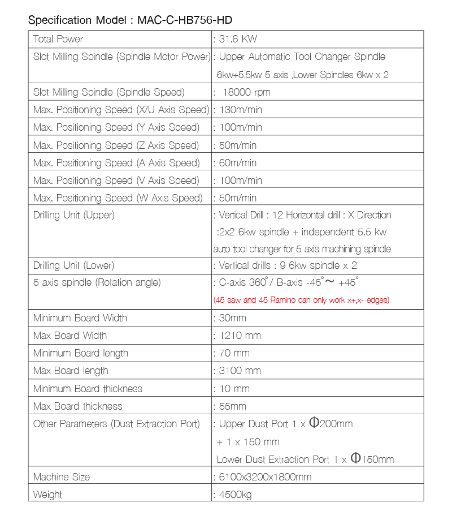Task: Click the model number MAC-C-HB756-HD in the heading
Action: [x=184, y=20]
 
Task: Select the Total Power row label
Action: [x=58, y=39]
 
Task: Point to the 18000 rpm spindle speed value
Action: [x=246, y=92]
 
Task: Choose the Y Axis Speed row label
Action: [x=116, y=127]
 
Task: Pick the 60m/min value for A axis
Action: [x=237, y=163]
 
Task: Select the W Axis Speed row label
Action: [x=118, y=198]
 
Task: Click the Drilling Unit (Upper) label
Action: [x=73, y=215]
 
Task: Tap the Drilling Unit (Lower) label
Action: [x=73, y=265]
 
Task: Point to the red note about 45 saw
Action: [x=301, y=300]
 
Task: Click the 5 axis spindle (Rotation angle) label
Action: [x=97, y=282]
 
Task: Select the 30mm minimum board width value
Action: [x=232, y=318]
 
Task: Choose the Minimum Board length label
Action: [x=81, y=353]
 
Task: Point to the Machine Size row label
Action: [x=62, y=477]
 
